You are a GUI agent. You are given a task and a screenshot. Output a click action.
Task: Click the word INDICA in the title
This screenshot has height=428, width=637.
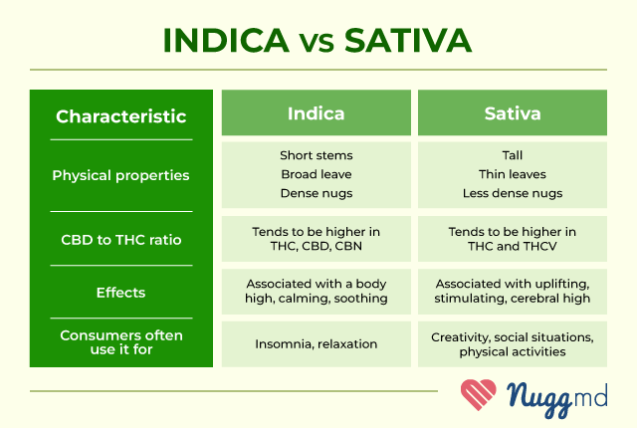click(226, 40)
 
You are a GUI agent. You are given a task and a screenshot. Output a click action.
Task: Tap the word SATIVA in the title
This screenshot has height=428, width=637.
click(408, 40)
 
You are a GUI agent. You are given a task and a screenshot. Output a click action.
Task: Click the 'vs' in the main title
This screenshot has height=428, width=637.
click(317, 44)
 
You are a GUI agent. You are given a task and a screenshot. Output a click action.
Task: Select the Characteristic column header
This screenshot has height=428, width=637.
click(121, 116)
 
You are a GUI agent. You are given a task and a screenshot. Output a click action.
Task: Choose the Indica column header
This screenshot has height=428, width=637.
click(317, 112)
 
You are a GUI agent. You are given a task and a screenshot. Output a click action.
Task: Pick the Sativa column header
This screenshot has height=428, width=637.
click(513, 112)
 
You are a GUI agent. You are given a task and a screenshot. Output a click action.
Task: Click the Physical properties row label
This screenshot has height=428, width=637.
click(120, 176)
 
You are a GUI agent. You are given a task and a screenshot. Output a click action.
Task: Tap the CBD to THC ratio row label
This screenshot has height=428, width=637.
click(121, 240)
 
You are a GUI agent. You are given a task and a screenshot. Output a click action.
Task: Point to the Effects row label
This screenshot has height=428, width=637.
click(120, 293)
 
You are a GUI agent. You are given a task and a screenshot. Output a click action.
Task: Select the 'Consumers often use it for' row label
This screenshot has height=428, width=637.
click(121, 342)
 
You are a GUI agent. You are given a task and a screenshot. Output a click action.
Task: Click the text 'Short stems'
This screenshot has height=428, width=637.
click(317, 155)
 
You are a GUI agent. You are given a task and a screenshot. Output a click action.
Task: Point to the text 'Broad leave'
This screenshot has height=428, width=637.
click(317, 174)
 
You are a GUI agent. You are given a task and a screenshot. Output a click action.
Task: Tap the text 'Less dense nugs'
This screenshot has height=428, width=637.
click(513, 193)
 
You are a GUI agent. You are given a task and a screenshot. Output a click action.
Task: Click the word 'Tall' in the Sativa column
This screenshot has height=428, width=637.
click(513, 155)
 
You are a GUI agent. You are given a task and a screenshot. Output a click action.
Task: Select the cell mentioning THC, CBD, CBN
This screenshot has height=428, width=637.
click(317, 239)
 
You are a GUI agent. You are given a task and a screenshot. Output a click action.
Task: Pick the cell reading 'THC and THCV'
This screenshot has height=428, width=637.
click(513, 239)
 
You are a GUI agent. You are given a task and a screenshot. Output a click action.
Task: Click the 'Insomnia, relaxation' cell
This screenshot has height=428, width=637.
click(317, 344)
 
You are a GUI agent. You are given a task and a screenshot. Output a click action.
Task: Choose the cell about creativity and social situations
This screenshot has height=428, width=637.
click(513, 344)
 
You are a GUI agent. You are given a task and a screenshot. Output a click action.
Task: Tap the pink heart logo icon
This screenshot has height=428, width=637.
click(479, 394)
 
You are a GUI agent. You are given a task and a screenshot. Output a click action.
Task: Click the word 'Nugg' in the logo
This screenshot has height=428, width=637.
click(539, 399)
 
